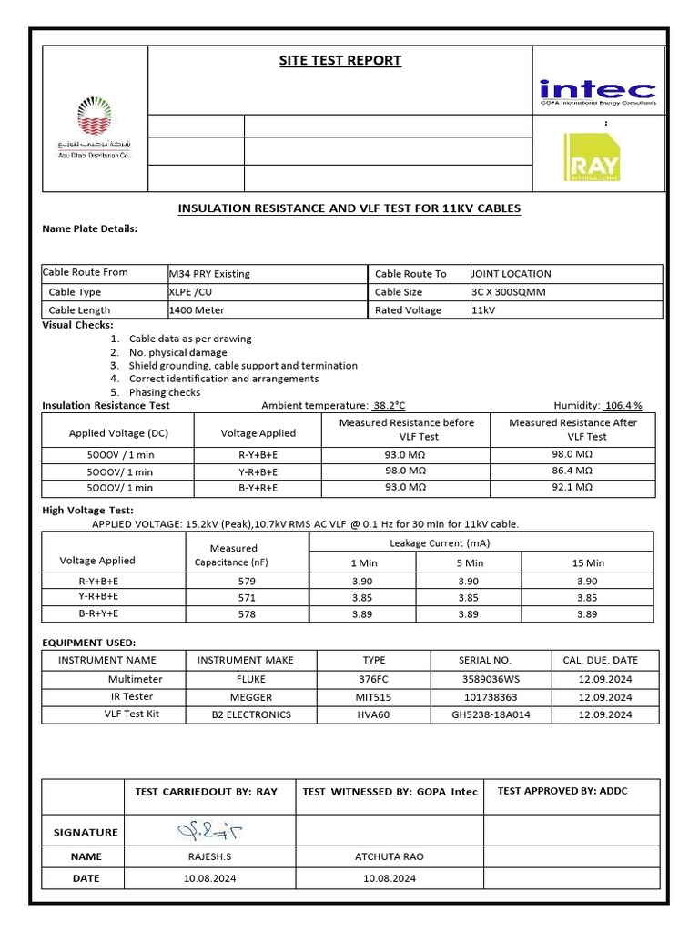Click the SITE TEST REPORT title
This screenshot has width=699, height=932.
click(339, 61)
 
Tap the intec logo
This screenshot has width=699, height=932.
click(596, 92)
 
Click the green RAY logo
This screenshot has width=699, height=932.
click(592, 157)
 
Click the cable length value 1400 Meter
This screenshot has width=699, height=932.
click(197, 310)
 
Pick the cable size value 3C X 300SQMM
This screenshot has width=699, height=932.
click(509, 292)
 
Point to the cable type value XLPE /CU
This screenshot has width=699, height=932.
click(192, 292)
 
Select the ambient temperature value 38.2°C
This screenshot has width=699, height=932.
click(389, 406)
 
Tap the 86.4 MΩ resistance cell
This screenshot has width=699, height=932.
click(572, 471)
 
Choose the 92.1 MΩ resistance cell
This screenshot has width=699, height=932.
click(572, 488)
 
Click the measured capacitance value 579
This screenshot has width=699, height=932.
click(247, 581)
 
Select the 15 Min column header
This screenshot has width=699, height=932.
click(587, 563)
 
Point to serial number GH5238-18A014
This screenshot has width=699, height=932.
click(491, 714)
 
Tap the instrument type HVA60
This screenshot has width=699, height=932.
click(373, 714)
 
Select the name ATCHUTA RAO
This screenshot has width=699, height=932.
click(389, 856)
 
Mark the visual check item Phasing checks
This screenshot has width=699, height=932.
click(165, 392)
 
